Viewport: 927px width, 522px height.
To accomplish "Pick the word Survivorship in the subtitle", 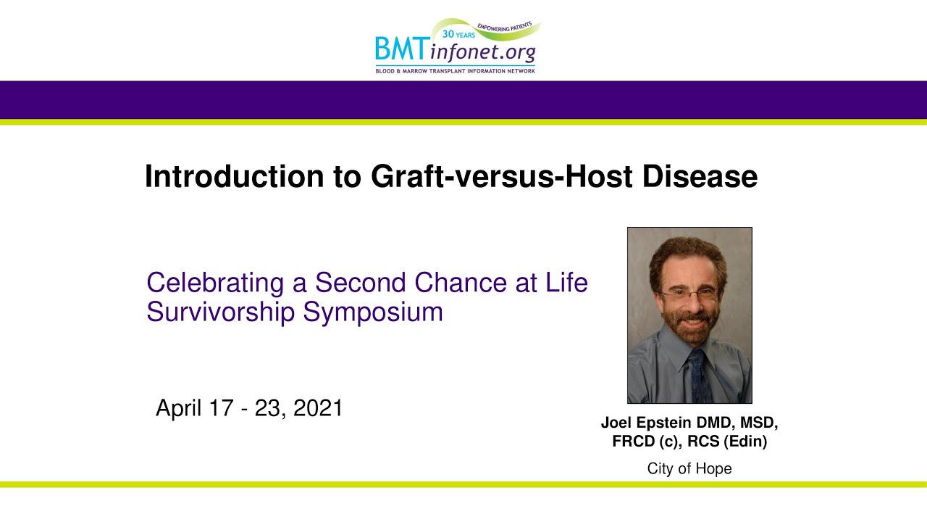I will (221, 312).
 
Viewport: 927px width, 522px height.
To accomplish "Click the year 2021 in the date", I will (318, 408).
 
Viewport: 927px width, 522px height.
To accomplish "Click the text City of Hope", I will (689, 469).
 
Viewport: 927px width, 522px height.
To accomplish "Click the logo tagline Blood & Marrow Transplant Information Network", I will (455, 71).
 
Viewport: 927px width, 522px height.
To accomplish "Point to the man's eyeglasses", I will (687, 295).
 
